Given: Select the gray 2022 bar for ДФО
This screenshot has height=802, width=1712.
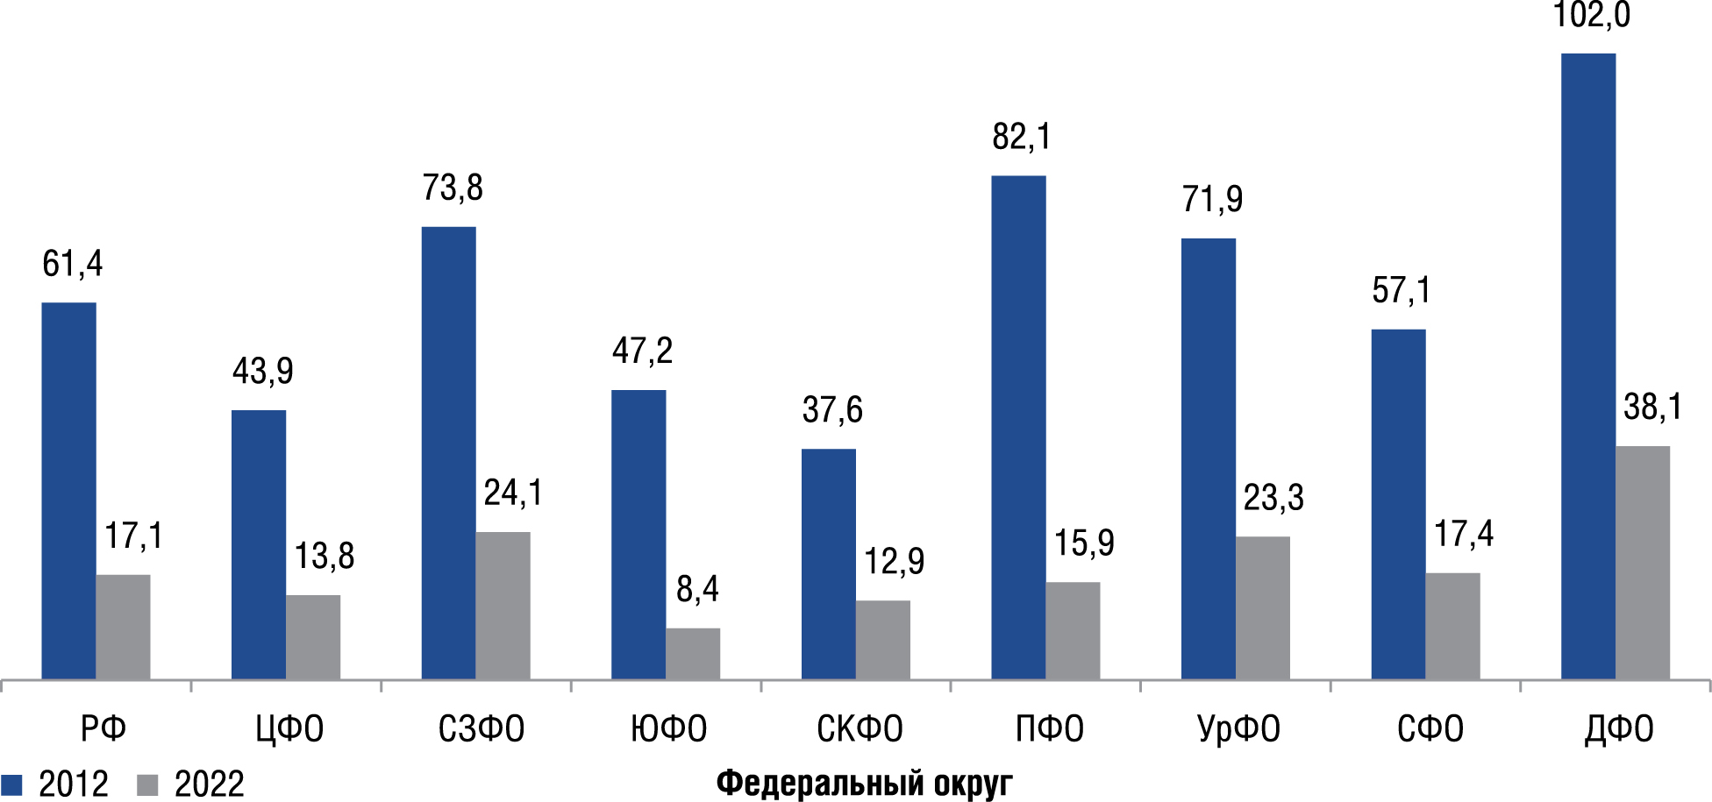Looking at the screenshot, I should click(1642, 563).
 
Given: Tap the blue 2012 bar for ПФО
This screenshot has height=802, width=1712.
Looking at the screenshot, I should click(1018, 428).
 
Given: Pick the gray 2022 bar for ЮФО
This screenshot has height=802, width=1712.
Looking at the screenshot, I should click(693, 654).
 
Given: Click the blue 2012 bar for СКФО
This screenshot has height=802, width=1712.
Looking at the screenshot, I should click(828, 564).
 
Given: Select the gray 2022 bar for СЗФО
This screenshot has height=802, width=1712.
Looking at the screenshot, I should click(503, 606).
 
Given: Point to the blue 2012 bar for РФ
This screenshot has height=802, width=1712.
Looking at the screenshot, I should click(68, 491).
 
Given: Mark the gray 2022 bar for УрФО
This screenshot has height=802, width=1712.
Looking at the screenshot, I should click(1263, 608).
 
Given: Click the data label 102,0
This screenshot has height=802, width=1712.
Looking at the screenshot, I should click(1591, 16).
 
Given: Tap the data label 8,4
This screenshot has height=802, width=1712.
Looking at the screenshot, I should click(697, 590).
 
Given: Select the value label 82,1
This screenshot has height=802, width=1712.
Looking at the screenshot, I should click(1021, 138).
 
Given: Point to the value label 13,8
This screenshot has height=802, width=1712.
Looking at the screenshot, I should click(324, 557).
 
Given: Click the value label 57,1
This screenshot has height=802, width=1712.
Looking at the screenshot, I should click(1401, 291).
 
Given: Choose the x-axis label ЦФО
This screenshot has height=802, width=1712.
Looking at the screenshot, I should click(289, 729).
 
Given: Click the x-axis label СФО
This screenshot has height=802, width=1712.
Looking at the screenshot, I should click(1430, 729).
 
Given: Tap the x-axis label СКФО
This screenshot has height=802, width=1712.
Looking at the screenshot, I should click(860, 729).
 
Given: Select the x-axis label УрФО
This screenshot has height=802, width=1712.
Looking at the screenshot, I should click(1238, 729).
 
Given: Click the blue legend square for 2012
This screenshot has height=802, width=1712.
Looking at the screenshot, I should click(11, 784).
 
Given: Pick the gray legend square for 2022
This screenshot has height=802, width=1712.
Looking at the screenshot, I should click(148, 784).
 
